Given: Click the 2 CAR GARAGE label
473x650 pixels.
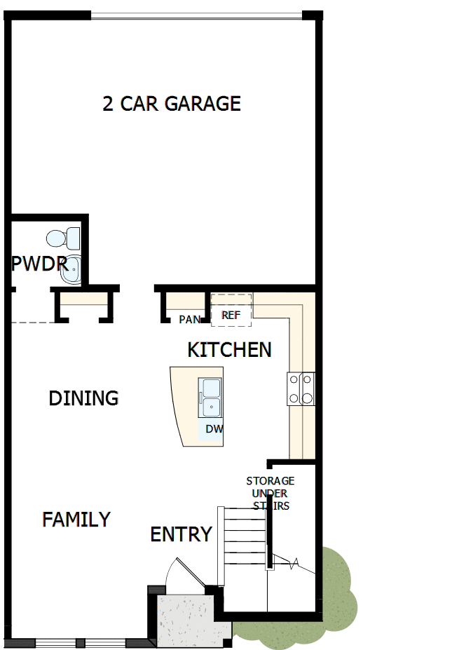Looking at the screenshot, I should click(172, 104).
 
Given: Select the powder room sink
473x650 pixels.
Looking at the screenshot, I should click(71, 270).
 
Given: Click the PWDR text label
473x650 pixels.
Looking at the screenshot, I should click(39, 264).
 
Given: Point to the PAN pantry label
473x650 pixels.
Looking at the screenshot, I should click(189, 320).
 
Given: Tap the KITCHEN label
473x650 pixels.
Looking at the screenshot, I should click(229, 349).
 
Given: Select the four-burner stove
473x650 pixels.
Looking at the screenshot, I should click(300, 389).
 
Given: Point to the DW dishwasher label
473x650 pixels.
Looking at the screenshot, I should click(214, 428).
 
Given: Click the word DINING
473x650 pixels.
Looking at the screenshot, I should click(83, 398).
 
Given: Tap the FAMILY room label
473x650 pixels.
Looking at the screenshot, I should click(76, 520).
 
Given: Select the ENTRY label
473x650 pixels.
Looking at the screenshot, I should click(181, 534).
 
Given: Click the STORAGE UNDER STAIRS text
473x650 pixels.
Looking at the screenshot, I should click(270, 493).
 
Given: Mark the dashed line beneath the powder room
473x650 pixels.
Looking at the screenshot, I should click(34, 323).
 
